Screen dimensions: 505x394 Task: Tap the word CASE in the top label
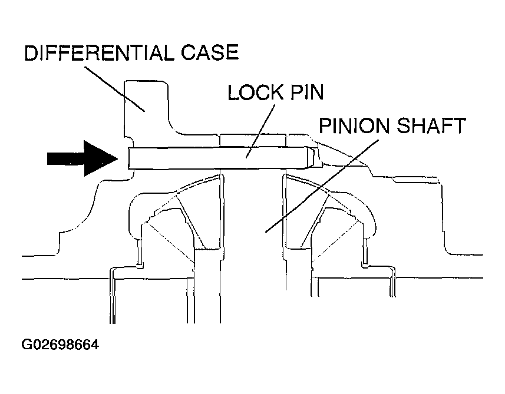pos(210,53)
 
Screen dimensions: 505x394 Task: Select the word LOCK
pos(255,92)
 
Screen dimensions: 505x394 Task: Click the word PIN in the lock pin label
pos(307,92)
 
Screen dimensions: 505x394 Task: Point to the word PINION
pos(354,125)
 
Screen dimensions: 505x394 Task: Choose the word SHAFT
pos(431,125)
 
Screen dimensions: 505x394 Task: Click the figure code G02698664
pos(60,345)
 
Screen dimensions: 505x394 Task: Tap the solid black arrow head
pos(100,158)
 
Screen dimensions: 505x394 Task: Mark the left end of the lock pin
pos(129,158)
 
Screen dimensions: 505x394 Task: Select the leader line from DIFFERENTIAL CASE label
pos(114,89)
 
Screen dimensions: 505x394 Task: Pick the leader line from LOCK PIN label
pos(260,131)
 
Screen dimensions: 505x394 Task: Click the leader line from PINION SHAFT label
pos(322,186)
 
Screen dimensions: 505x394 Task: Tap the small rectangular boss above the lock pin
pos(253,141)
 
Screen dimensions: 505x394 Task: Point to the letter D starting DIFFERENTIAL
pos(31,53)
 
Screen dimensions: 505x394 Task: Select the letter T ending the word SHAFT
pos(459,125)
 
